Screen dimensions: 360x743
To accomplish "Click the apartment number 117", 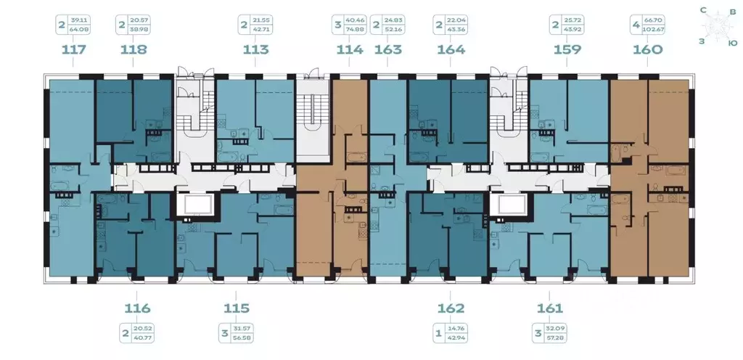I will tap(75, 50).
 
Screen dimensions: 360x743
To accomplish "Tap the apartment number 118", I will tap(134, 50).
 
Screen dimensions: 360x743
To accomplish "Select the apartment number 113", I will tap(255, 50).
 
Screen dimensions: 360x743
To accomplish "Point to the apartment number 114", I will tap(349, 50).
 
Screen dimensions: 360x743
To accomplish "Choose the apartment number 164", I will tap(451, 50).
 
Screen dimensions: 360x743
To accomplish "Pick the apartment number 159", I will tap(567, 50).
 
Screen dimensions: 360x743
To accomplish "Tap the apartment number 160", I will tap(647, 50).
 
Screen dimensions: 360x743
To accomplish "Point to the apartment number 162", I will tap(451, 307).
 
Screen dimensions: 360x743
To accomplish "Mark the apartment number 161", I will tap(549, 307).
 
